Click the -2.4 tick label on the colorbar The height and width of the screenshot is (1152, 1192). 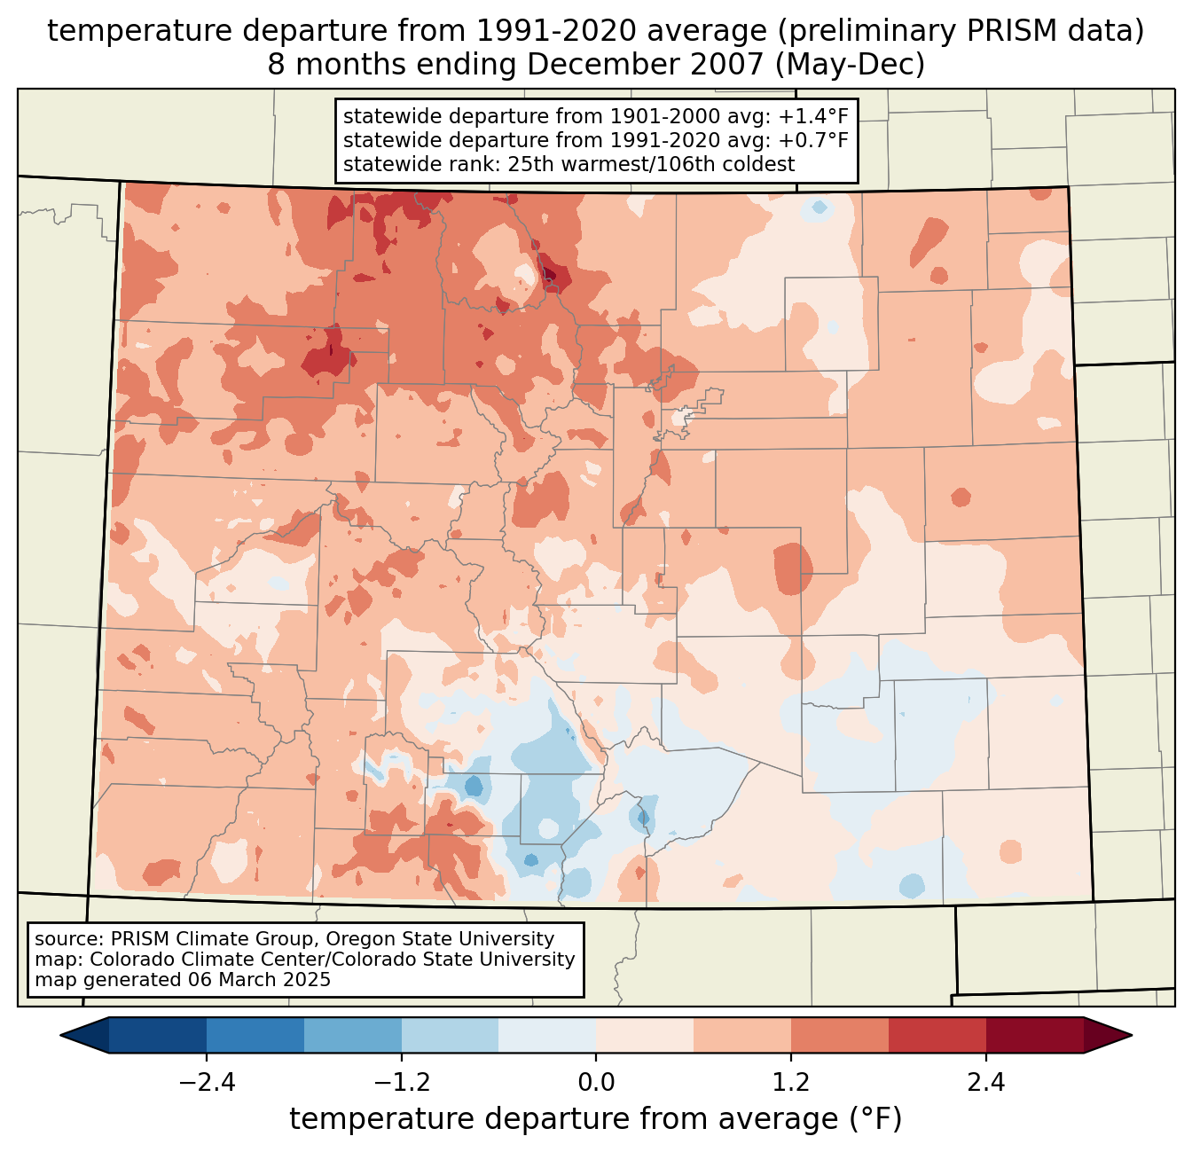[207, 1083]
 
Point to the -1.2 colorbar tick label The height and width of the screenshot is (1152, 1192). [401, 1083]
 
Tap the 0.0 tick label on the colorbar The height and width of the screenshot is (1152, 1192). [596, 1083]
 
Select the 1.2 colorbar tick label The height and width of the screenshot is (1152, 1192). [791, 1083]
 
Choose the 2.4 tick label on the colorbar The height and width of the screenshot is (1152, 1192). [985, 1083]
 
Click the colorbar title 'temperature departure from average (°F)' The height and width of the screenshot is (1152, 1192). [596, 1119]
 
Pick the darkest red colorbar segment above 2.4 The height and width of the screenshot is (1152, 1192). [1034, 1035]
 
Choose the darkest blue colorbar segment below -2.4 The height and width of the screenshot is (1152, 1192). [158, 1035]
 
